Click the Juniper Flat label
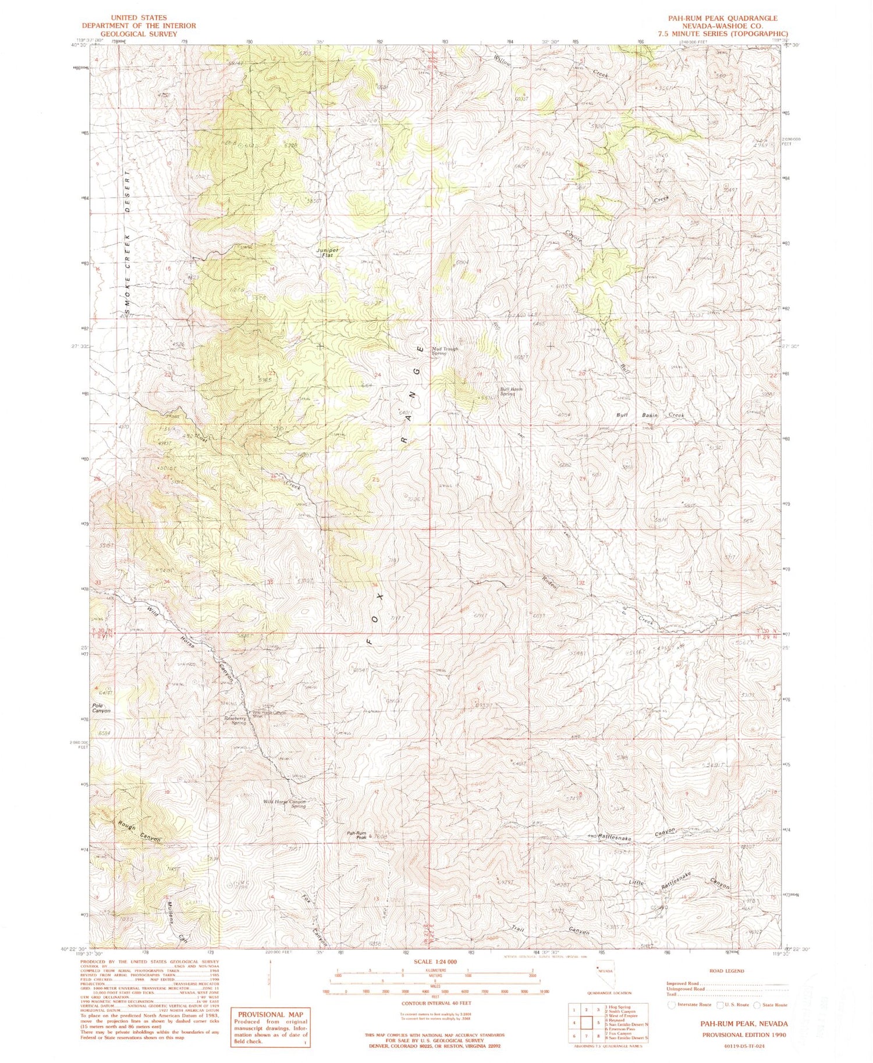click(327, 252)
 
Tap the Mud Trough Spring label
click(445, 351)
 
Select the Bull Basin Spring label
click(511, 391)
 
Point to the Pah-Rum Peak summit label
click(357, 835)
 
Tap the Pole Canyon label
click(101, 708)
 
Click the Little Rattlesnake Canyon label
click(679, 880)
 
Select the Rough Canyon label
click(138, 832)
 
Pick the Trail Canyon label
click(549, 930)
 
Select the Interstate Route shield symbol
click(672, 1004)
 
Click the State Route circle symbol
click(757, 1004)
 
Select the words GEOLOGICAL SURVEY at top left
click(139, 34)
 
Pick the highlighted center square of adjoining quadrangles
click(586, 1022)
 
